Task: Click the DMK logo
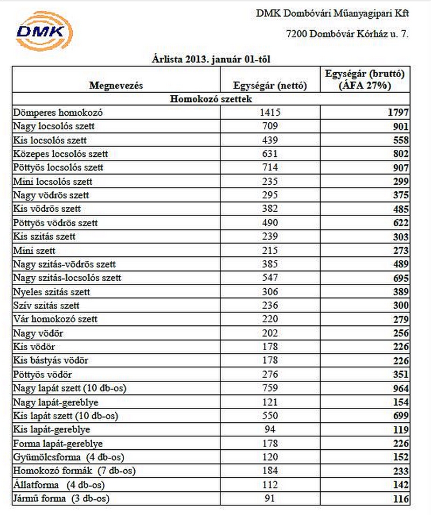[x=43, y=31]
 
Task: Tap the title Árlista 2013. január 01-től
[x=215, y=59]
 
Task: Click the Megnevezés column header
[x=116, y=85]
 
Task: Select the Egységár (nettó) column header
[x=270, y=85]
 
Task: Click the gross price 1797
[x=398, y=113]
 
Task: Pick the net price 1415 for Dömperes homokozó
[x=270, y=113]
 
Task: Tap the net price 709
[x=270, y=127]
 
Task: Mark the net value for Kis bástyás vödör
[x=270, y=360]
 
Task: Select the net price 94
[x=270, y=429]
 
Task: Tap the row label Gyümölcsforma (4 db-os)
[x=68, y=457]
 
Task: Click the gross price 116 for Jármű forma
[x=400, y=499]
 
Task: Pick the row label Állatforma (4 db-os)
[x=60, y=485]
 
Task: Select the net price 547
[x=270, y=278]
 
